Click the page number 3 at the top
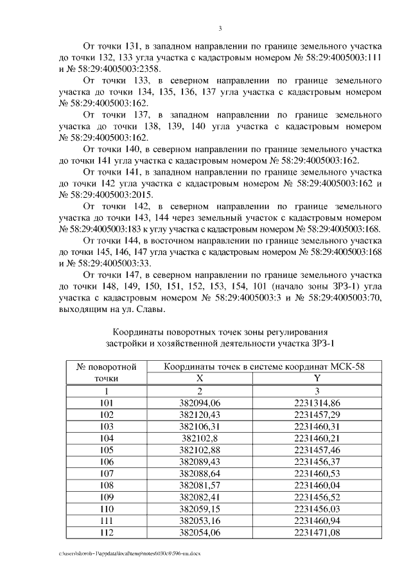point(220,28)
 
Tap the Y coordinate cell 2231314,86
point(317,403)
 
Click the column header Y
point(317,378)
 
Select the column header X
point(198,378)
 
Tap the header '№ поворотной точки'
point(106,372)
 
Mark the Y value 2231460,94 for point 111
point(317,520)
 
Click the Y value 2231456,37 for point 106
point(317,461)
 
